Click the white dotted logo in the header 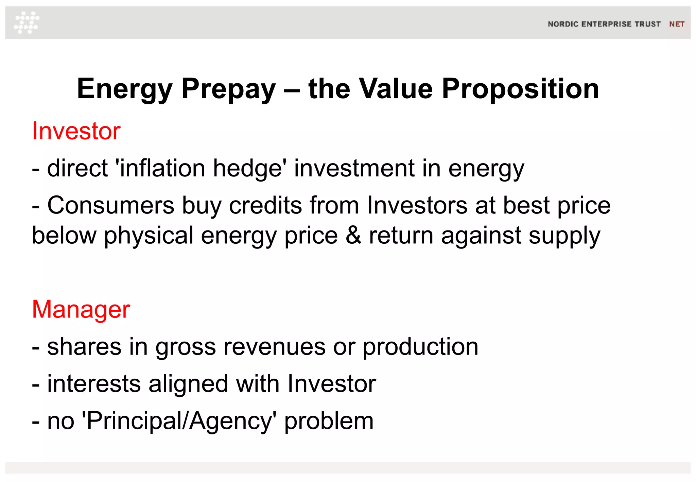(x=27, y=22)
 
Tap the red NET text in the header (x=677, y=24)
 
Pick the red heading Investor (x=76, y=131)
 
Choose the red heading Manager (x=81, y=309)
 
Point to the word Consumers (x=110, y=205)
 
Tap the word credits (x=265, y=205)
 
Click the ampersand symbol (x=353, y=235)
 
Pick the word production (x=420, y=347)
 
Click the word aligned (x=188, y=384)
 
